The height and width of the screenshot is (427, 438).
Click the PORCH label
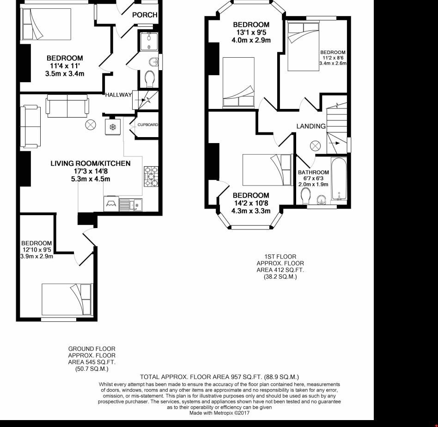point(145,15)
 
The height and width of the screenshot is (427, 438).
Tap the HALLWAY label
point(118,95)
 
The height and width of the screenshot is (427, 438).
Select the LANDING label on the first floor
point(311,126)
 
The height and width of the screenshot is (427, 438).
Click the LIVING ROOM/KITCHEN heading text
point(90,163)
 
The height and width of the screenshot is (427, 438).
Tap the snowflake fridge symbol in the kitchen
point(112,126)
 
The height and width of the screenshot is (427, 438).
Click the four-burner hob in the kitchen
point(151,177)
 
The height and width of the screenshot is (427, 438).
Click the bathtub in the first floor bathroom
point(340,180)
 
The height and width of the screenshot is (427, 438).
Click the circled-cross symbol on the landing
point(315,145)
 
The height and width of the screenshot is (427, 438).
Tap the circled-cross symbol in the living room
point(90,124)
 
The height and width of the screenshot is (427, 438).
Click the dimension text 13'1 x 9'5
point(250,32)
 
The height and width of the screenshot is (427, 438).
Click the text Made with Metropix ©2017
point(219,413)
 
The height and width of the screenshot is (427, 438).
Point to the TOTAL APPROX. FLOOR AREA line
point(219,377)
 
